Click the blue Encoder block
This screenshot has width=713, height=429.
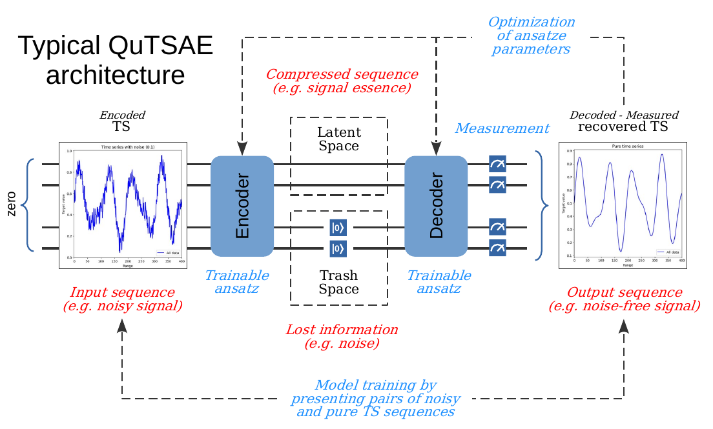tap(242, 206)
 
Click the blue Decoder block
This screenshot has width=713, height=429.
tap(436, 206)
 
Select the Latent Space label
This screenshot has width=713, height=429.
tap(338, 139)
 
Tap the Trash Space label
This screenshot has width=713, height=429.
tap(338, 283)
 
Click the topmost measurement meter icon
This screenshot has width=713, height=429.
tap(497, 164)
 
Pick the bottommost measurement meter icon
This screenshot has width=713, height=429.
tap(497, 248)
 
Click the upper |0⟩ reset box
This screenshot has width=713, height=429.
tap(338, 227)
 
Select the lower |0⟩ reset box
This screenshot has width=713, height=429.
tap(338, 248)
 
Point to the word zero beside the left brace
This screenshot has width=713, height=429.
tap(11, 205)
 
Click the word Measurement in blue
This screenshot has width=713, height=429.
tap(502, 128)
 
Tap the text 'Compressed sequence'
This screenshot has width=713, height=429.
tap(342, 74)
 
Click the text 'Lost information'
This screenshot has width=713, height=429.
tap(342, 330)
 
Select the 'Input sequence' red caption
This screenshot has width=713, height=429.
tap(122, 292)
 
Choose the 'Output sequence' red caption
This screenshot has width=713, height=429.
tap(624, 292)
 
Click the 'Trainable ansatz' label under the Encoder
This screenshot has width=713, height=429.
tap(236, 282)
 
